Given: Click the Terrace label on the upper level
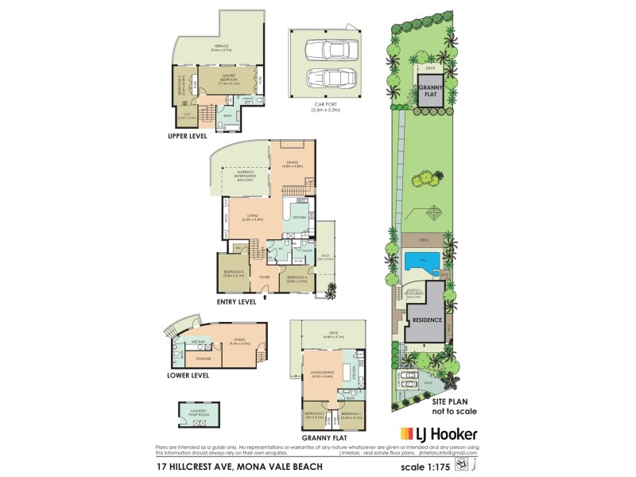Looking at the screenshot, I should (x=220, y=48).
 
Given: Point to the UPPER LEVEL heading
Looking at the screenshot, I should (x=188, y=136).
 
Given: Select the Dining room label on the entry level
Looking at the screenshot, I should (x=292, y=165).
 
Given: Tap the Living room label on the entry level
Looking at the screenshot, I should (x=253, y=216).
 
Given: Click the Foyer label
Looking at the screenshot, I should (x=264, y=277).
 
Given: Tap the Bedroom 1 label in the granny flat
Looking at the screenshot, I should (x=351, y=416).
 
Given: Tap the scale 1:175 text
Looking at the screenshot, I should (x=448, y=467).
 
